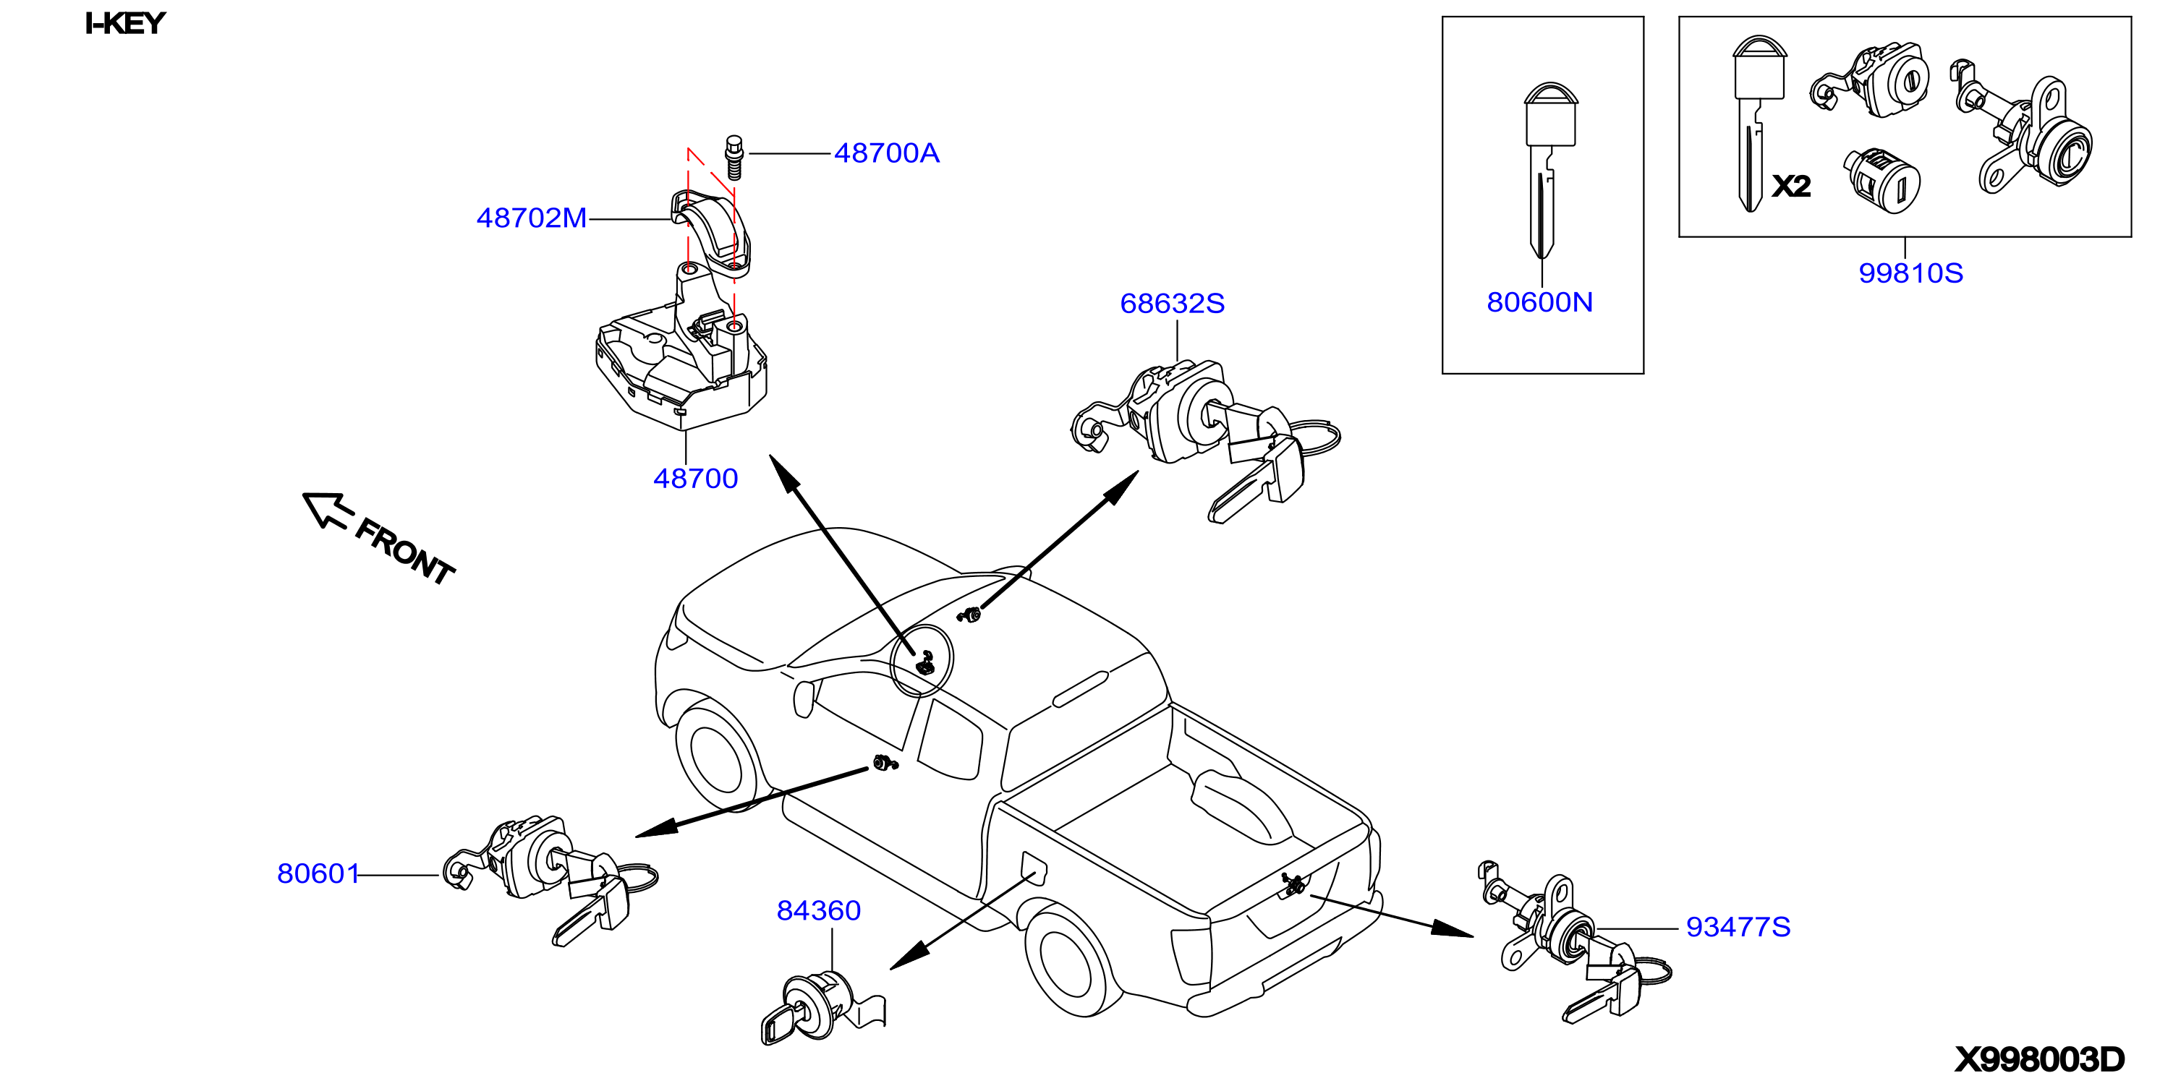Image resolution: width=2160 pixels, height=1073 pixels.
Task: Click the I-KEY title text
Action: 126,23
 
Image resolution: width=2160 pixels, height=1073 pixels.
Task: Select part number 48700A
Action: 886,153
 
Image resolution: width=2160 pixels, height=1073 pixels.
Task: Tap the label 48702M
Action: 532,218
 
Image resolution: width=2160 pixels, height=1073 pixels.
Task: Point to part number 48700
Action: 695,479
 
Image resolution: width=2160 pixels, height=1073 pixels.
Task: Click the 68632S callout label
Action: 1173,304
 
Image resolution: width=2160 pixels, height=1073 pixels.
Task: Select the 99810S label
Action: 1911,273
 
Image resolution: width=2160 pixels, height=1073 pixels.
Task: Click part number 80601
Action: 318,873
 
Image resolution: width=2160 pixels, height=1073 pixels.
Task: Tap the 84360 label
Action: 818,910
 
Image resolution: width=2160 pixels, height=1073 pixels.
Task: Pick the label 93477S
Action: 1738,927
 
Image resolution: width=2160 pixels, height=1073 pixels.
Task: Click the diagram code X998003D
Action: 2040,1059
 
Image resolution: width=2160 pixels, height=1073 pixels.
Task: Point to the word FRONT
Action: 404,552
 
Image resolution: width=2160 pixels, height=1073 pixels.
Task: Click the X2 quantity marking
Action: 1791,185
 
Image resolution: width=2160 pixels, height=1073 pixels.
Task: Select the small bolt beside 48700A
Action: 734,158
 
